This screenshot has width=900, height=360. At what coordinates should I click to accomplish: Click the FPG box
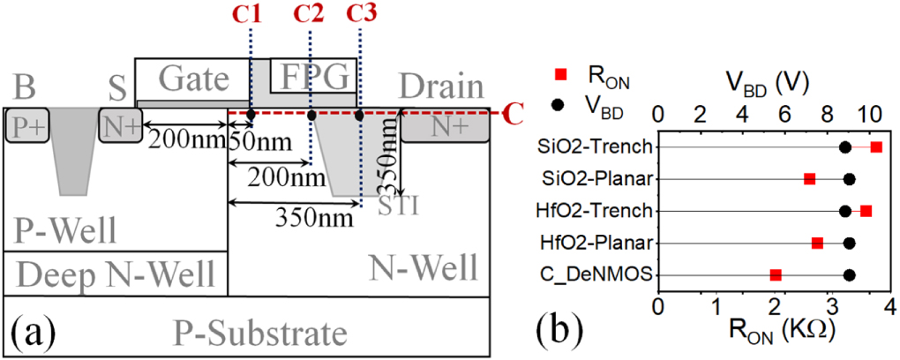point(314,77)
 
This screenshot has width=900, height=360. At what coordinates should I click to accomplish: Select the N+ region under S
point(119,127)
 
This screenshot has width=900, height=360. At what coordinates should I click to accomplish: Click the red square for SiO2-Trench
point(875,146)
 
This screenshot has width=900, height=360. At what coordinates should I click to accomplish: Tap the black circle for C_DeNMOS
point(849,275)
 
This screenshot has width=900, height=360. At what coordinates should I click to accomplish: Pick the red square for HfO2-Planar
point(817,243)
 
